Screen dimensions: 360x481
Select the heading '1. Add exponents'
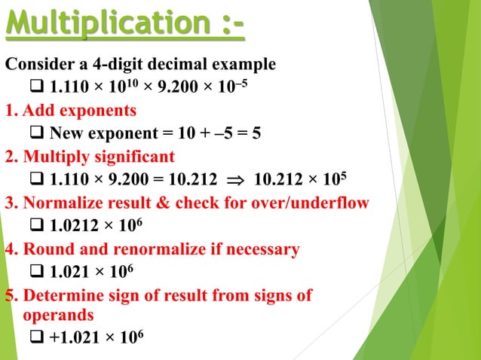[x=71, y=111]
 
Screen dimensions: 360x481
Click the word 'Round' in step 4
[x=45, y=249]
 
